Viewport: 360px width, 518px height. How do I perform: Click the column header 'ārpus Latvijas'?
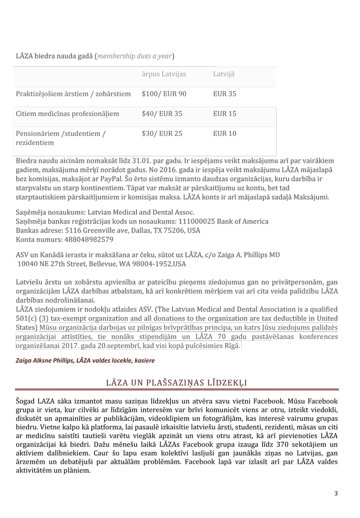click(x=168, y=74)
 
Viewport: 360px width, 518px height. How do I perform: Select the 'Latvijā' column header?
click(x=224, y=74)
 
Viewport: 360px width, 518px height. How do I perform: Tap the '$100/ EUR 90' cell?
click(x=164, y=94)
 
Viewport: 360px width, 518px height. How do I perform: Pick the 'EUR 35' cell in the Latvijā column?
click(x=225, y=94)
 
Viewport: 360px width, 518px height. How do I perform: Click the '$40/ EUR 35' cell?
click(x=162, y=114)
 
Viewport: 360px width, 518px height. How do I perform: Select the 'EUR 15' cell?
click(x=225, y=114)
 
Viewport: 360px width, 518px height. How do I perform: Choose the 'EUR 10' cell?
click(x=225, y=133)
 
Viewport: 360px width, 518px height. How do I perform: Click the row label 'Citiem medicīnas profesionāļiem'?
click(x=67, y=114)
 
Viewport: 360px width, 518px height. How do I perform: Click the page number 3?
click(x=336, y=493)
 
